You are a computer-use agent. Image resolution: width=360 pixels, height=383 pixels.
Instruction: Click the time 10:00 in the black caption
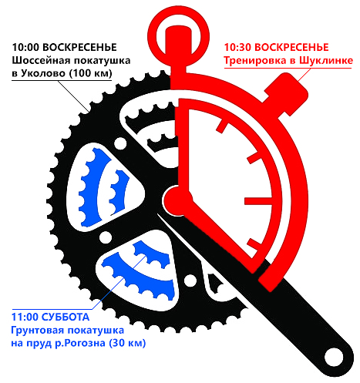pos(25,47)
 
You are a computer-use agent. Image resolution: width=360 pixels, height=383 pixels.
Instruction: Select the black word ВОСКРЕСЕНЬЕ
pos(79,47)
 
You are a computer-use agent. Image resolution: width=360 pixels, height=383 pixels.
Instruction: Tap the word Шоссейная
pos(41,60)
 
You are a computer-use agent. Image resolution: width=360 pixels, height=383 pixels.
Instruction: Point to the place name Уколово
pos(43,73)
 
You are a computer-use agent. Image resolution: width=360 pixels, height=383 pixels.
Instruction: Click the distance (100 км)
pos(90,73)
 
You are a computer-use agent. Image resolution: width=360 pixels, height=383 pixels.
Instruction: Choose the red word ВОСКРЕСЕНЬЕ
pos(291,47)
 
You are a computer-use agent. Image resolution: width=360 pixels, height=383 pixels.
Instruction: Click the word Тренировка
pos(256,61)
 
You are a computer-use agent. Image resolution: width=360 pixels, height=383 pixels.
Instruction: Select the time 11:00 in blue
pos(25,317)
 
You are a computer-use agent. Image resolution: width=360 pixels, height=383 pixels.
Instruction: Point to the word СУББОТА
pos(66,317)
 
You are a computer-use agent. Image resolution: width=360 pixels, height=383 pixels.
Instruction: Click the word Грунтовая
pos(38,331)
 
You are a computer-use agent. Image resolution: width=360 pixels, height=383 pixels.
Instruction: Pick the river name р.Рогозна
pos(80,344)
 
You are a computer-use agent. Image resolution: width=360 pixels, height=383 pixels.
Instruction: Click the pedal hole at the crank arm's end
pos(334,357)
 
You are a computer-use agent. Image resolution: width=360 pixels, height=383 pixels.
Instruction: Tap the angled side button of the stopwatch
pos(287,94)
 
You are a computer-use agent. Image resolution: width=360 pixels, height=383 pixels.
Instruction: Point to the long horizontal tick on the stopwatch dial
pos(258,201)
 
